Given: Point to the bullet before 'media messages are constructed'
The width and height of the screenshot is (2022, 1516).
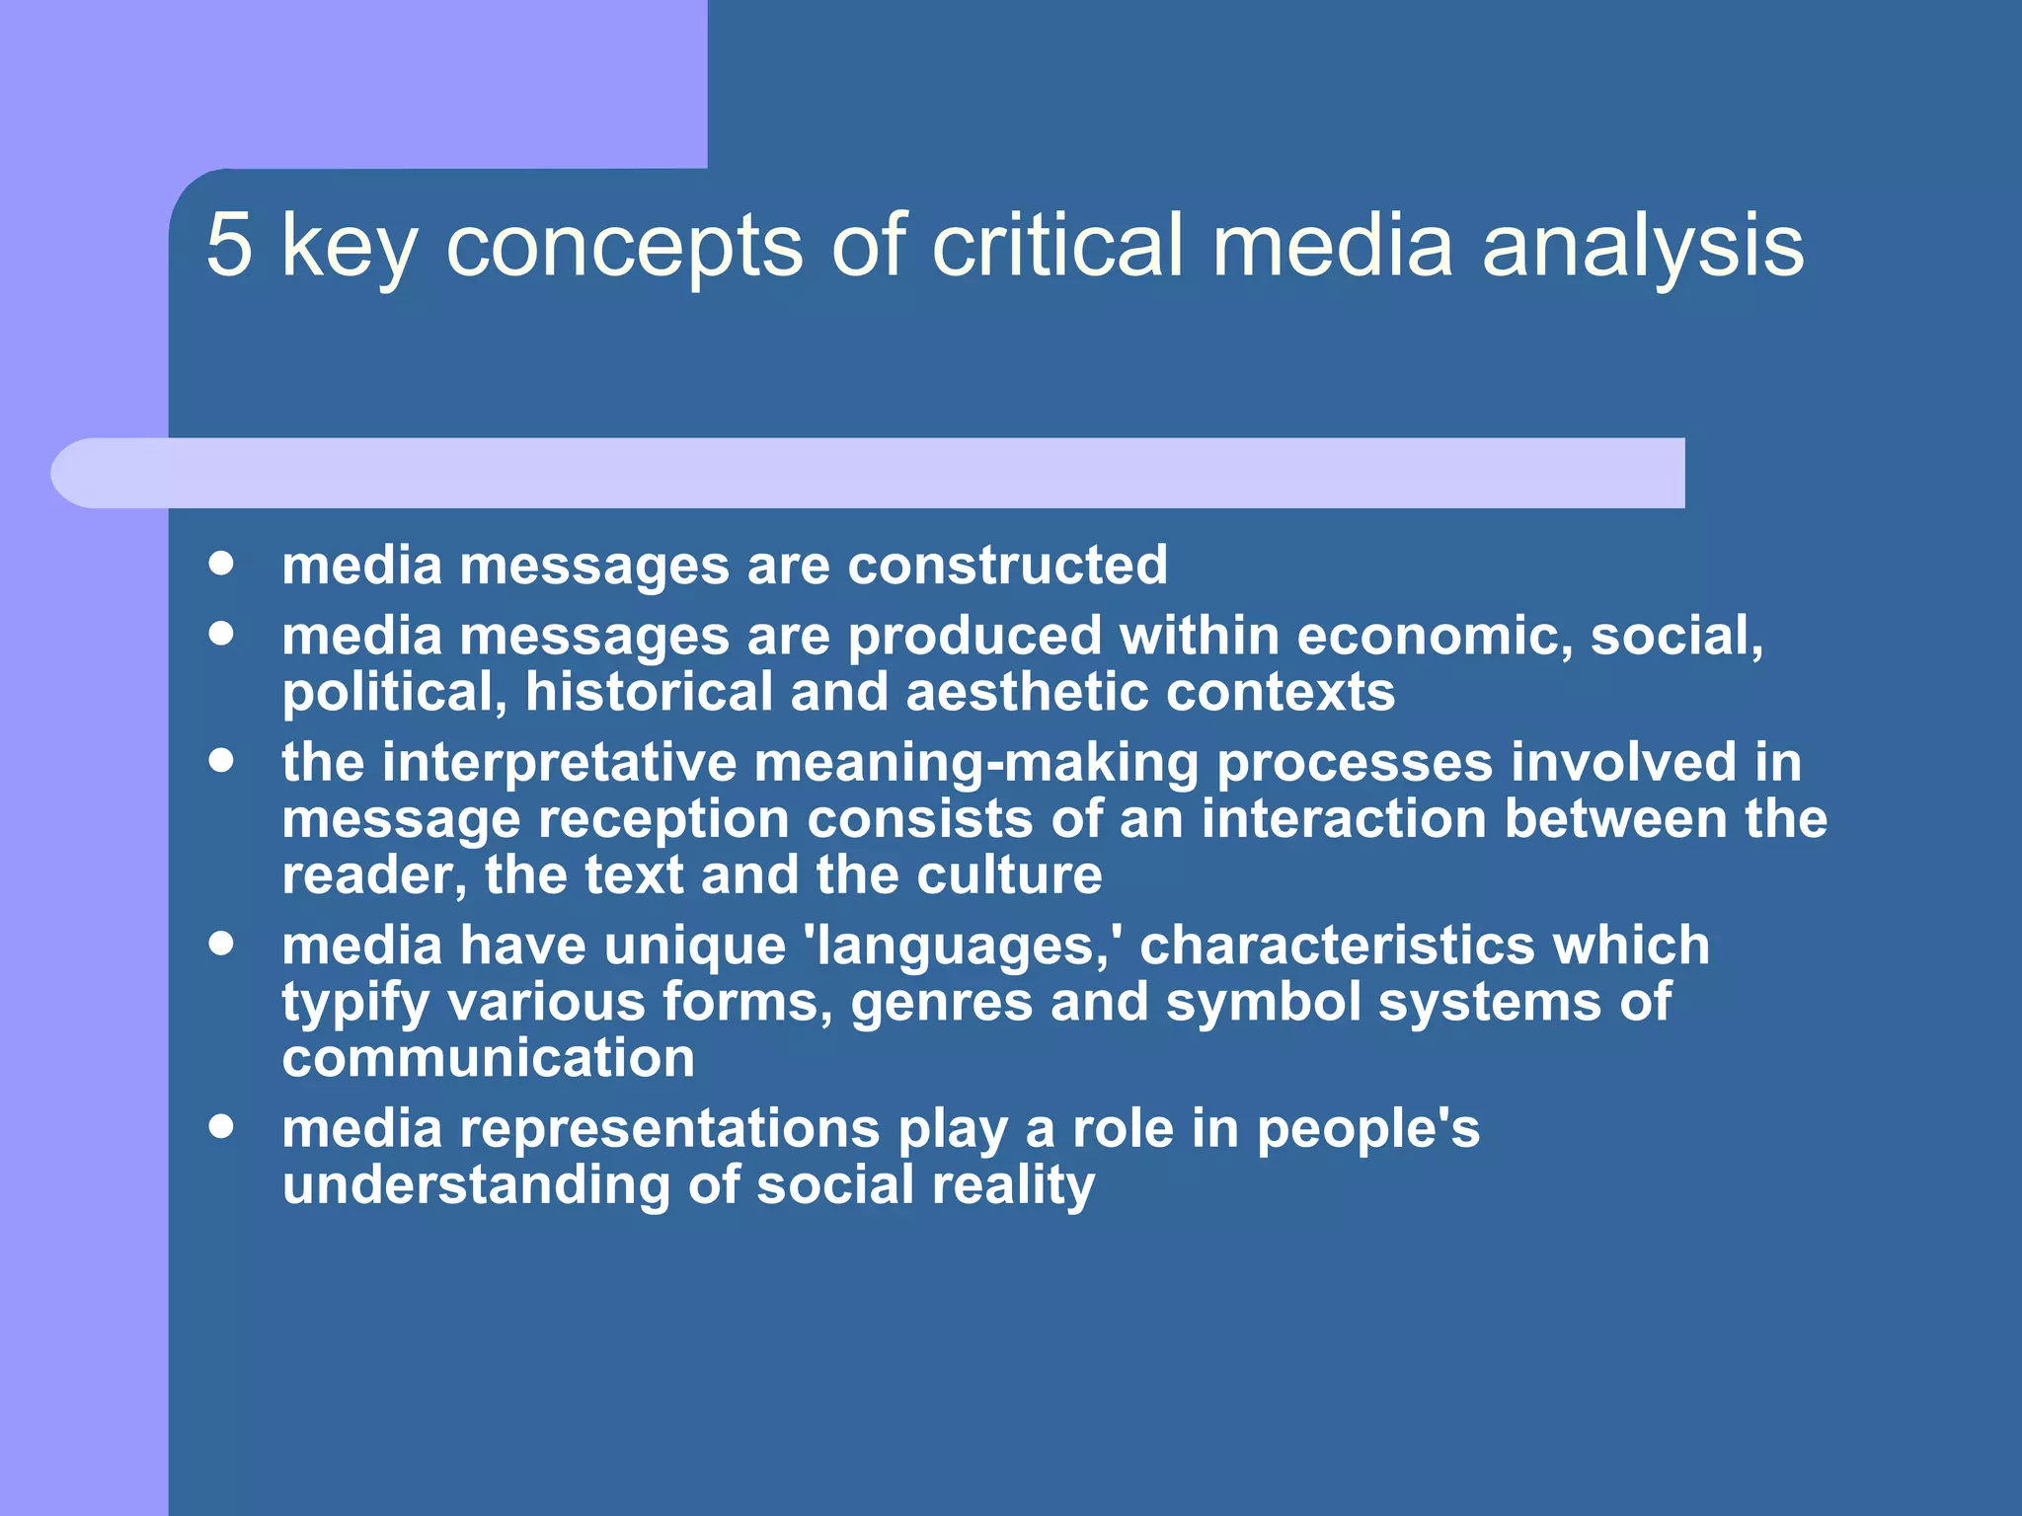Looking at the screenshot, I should click(221, 564).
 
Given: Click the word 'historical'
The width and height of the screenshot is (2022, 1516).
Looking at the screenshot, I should click(649, 692).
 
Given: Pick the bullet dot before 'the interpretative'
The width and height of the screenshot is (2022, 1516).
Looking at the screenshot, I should click(221, 760).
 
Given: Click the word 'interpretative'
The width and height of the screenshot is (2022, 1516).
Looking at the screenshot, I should click(559, 763).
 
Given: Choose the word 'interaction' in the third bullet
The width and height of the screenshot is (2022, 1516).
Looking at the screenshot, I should click(1344, 819).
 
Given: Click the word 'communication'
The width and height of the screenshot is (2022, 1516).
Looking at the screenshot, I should click(489, 1059).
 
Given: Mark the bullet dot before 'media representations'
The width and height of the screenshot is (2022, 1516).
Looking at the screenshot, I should click(221, 1126).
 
